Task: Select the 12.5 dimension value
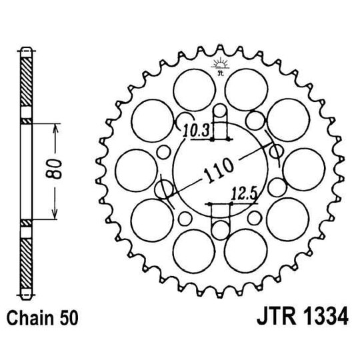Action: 243,195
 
